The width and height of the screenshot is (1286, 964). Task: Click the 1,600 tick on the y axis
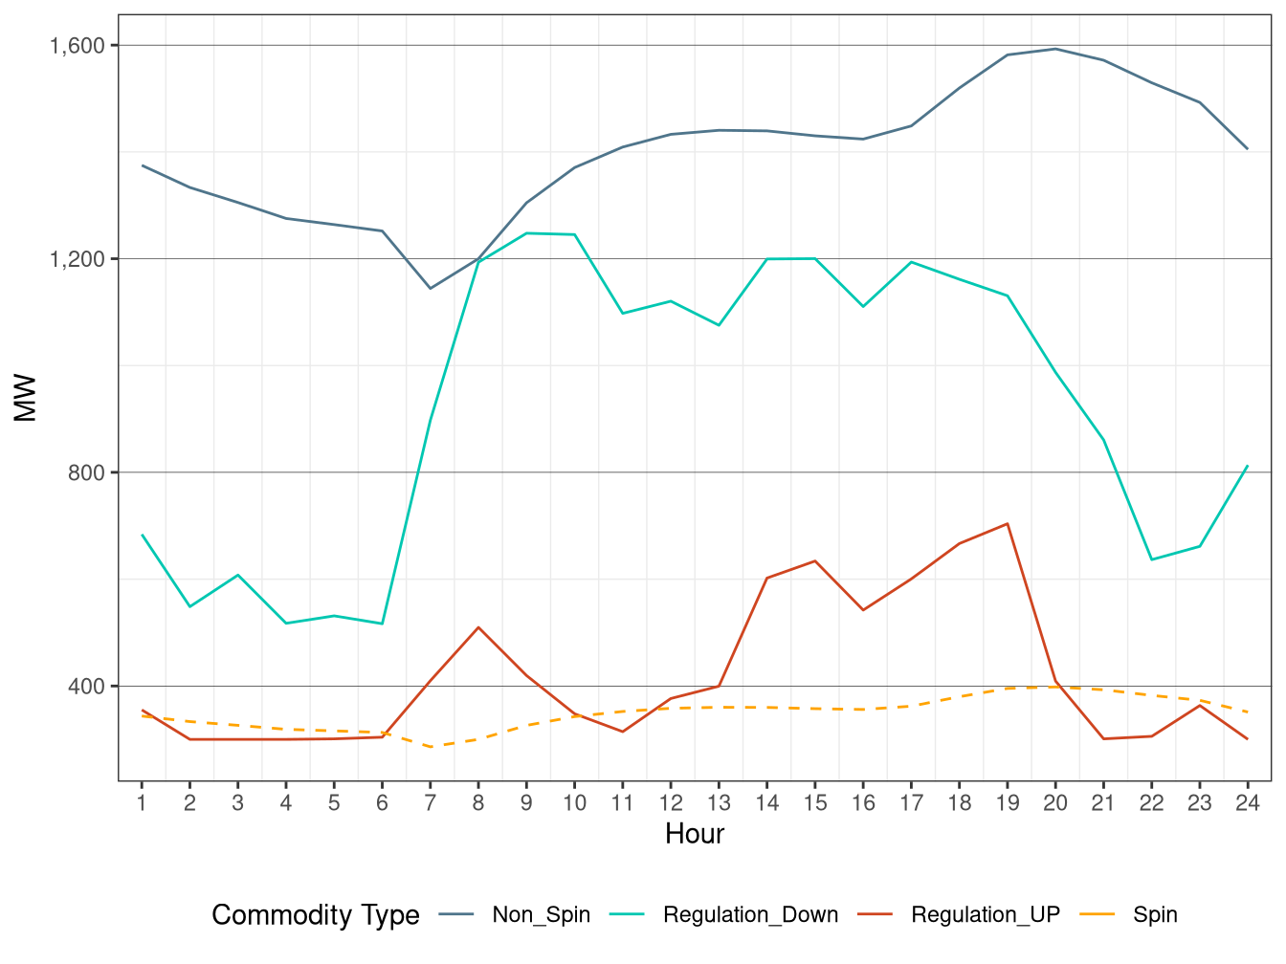78,46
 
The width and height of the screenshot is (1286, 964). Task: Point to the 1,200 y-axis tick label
78,259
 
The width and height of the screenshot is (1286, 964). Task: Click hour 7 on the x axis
431,803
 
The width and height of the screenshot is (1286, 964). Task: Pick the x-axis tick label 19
1008,803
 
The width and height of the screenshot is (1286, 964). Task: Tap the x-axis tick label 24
1248,803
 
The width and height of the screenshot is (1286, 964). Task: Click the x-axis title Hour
695,834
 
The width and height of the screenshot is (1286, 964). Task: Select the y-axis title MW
26,398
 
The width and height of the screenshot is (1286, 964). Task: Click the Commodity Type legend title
316,915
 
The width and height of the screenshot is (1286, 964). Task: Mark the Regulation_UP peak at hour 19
1008,524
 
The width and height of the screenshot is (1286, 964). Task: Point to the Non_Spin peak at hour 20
1055,49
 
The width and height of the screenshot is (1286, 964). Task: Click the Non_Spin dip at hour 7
431,288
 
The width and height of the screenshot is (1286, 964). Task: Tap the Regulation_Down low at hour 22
1151,559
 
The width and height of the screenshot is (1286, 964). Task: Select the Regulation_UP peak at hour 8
478,627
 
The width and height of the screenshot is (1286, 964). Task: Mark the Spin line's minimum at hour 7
431,746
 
